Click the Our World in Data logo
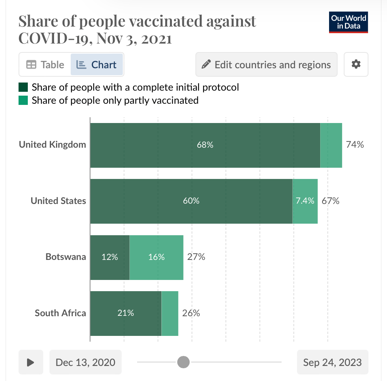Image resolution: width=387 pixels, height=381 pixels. [x=349, y=22]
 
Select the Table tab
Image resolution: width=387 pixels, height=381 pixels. [x=45, y=64]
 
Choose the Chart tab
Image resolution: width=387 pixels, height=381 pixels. [x=97, y=64]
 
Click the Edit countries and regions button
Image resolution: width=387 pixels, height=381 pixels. [x=266, y=64]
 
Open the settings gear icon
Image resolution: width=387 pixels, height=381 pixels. [x=356, y=64]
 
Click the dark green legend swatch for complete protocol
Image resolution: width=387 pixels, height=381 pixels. [x=23, y=87]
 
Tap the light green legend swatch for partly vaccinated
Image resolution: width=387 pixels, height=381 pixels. [x=23, y=101]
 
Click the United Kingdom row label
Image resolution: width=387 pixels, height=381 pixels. [x=53, y=145]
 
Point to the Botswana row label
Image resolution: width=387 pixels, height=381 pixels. [x=66, y=257]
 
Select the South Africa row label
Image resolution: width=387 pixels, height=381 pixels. [x=60, y=313]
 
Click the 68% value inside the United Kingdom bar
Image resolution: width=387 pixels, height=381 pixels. [x=205, y=145]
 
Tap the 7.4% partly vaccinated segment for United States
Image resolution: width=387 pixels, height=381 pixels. [x=305, y=201]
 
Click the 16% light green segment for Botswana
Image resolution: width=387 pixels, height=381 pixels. [x=156, y=257]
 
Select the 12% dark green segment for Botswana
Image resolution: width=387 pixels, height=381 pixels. [x=110, y=257]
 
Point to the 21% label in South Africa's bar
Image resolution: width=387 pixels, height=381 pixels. [x=126, y=313]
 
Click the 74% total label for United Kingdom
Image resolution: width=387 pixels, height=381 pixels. [x=355, y=145]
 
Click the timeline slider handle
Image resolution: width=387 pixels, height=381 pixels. [x=183, y=362]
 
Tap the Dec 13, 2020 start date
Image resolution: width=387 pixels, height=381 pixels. [x=85, y=362]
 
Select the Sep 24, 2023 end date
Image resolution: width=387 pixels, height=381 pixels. [x=332, y=362]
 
